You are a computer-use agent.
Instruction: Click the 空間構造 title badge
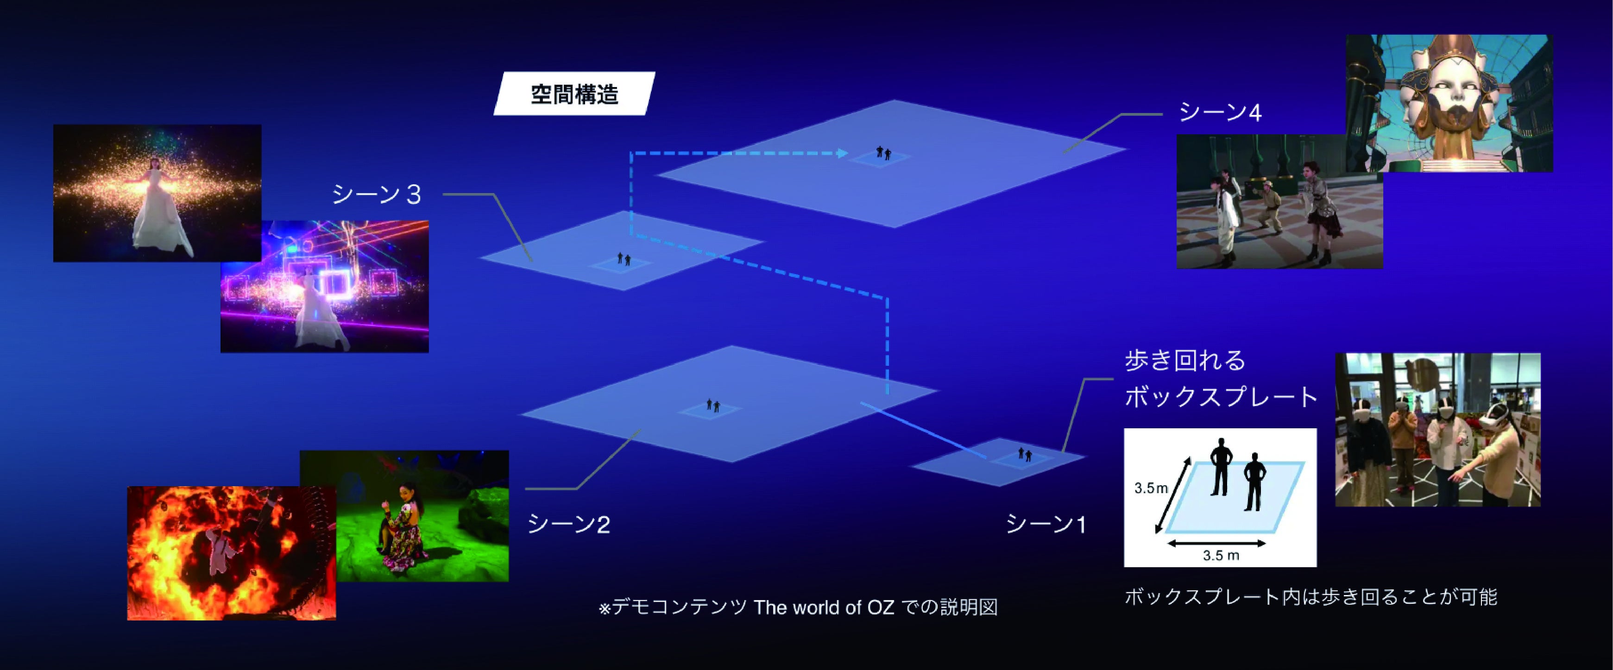[x=574, y=94]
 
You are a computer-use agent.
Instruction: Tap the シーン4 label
[x=1220, y=113]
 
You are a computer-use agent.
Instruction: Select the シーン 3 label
[x=376, y=195]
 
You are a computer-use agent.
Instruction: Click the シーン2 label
[x=568, y=524]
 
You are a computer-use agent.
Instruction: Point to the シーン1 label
[x=1046, y=524]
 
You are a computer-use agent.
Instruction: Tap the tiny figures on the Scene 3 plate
[x=624, y=259]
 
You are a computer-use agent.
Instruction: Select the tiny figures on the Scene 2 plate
[x=712, y=405]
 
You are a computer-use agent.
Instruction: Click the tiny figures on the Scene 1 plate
[x=1024, y=454]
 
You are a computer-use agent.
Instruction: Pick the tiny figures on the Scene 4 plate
[x=883, y=152]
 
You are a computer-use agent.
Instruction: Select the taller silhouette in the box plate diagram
[x=1220, y=466]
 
